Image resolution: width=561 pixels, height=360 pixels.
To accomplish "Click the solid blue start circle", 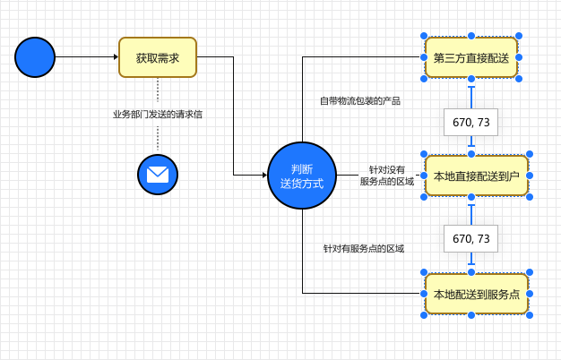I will [x=35, y=58].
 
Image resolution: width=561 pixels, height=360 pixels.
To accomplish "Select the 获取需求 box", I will [x=158, y=58].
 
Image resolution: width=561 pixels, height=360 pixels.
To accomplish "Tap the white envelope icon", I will [x=158, y=174].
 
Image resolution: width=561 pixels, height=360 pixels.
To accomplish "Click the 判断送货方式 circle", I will [x=302, y=176].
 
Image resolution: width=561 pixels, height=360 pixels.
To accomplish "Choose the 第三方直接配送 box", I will [x=470, y=58].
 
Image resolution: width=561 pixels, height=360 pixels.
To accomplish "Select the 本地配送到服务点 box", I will [x=476, y=293].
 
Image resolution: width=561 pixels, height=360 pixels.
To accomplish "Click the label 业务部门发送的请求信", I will [x=158, y=115].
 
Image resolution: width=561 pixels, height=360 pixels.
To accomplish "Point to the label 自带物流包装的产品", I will [x=360, y=101].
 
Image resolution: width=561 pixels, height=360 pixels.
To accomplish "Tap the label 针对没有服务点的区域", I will [x=387, y=176].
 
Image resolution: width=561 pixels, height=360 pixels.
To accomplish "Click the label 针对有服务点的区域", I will [x=364, y=248].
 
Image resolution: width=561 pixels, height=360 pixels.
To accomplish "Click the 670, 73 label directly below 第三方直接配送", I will [x=471, y=122].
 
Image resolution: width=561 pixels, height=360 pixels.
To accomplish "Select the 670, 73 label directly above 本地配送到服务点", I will [x=471, y=238].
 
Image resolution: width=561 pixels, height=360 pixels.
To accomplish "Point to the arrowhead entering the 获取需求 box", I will [x=115, y=58].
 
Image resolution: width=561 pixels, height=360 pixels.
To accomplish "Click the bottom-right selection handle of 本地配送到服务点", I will [x=532, y=315].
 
